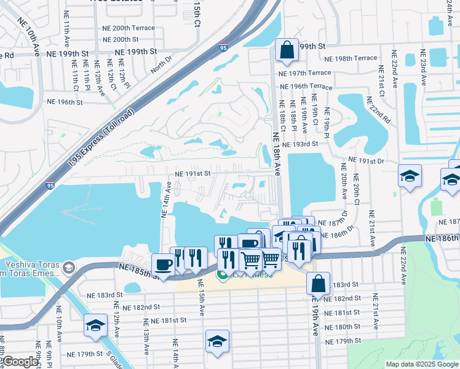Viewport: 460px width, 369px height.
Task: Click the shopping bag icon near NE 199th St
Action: point(287,50)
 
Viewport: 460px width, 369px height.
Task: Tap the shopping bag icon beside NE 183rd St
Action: point(318,284)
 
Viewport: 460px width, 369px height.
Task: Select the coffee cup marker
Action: point(163,264)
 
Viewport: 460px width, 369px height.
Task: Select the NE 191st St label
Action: point(193,174)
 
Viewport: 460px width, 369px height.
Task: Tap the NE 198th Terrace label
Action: point(351,58)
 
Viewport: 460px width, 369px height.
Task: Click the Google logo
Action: point(20,362)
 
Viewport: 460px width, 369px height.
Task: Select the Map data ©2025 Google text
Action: point(421,364)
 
